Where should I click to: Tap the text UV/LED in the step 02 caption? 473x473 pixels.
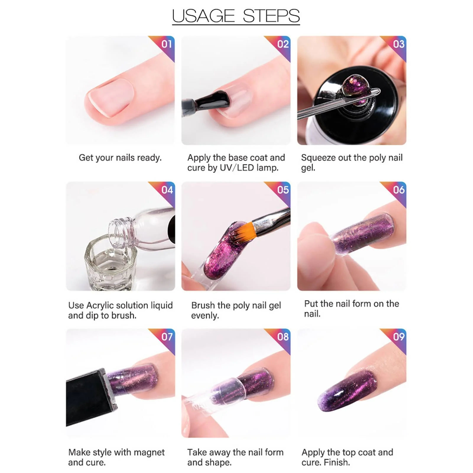click(x=237, y=168)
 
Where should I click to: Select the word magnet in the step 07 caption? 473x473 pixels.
click(x=148, y=452)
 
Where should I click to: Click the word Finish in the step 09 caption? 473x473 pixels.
click(x=337, y=462)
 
